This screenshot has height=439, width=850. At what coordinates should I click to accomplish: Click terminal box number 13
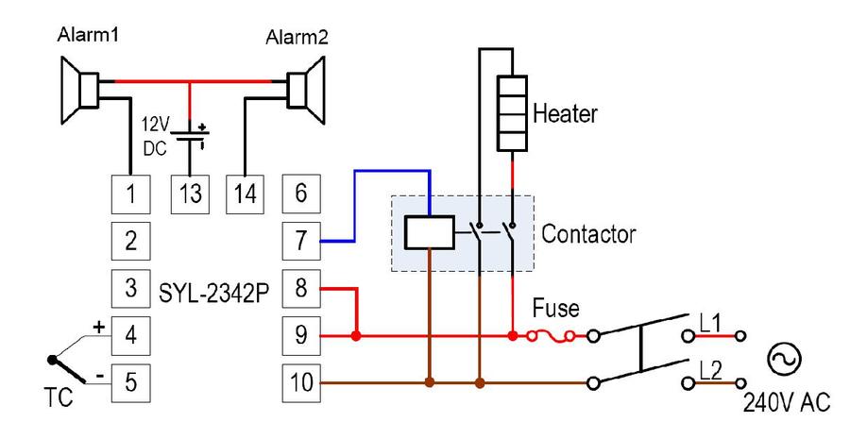click(x=190, y=194)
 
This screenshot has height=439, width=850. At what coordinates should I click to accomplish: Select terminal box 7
click(x=301, y=241)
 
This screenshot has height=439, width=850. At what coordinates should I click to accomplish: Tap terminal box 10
click(x=301, y=382)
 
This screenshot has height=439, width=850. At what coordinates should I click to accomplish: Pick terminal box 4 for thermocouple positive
click(x=130, y=335)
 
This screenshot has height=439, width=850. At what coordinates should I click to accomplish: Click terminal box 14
click(x=245, y=194)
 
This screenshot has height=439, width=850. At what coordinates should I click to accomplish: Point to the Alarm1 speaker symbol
click(x=79, y=91)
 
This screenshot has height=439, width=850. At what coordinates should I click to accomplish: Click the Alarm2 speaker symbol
click(x=306, y=91)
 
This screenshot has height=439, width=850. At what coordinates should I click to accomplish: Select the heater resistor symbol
click(x=512, y=112)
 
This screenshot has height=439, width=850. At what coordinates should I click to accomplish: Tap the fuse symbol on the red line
click(x=551, y=336)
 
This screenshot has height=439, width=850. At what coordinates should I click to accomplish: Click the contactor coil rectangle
click(x=430, y=232)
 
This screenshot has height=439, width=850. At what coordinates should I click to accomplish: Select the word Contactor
click(x=588, y=234)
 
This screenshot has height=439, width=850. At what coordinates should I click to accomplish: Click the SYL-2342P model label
click(x=214, y=294)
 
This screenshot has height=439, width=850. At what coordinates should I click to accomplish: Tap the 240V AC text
click(x=786, y=403)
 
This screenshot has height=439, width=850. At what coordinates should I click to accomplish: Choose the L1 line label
click(x=710, y=324)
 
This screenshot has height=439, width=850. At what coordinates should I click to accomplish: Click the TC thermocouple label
click(x=58, y=397)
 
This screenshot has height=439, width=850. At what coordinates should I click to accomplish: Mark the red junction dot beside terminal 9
click(x=356, y=336)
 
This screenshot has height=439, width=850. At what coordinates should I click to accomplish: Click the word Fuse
click(x=555, y=308)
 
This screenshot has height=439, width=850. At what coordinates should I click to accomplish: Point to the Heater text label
click(x=565, y=114)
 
